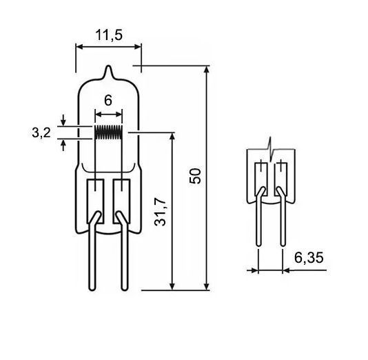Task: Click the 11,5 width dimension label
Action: pos(109,35)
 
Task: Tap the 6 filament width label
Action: pos(108,101)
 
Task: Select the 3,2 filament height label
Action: pos(41,132)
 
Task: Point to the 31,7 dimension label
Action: pos(161,212)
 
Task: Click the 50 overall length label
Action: pos(195,176)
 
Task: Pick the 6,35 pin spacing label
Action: pos(309,258)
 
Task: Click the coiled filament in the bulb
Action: pos(108,132)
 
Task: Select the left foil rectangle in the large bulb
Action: pos(96,201)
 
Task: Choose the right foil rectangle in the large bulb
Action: pos(121,201)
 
